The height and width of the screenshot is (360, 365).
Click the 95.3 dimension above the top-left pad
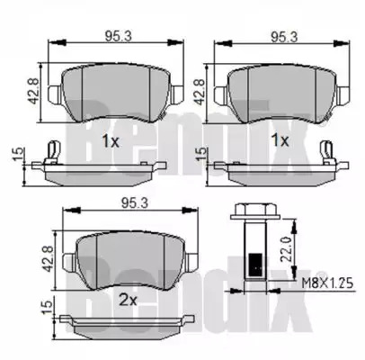click(118, 36)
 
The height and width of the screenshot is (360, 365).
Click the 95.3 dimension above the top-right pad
click(284, 37)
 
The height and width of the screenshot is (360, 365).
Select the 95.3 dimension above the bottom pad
click(135, 203)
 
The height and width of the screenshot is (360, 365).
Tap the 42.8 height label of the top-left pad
click(33, 91)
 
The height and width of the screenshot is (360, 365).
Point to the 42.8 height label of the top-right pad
click(200, 92)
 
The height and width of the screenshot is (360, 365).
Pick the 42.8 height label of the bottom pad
click(48, 258)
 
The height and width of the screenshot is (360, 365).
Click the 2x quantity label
click(128, 300)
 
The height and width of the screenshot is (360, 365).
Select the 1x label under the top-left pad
click(111, 140)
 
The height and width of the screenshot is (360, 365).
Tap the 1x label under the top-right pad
click(280, 140)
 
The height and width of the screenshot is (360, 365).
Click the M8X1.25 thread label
click(327, 283)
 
